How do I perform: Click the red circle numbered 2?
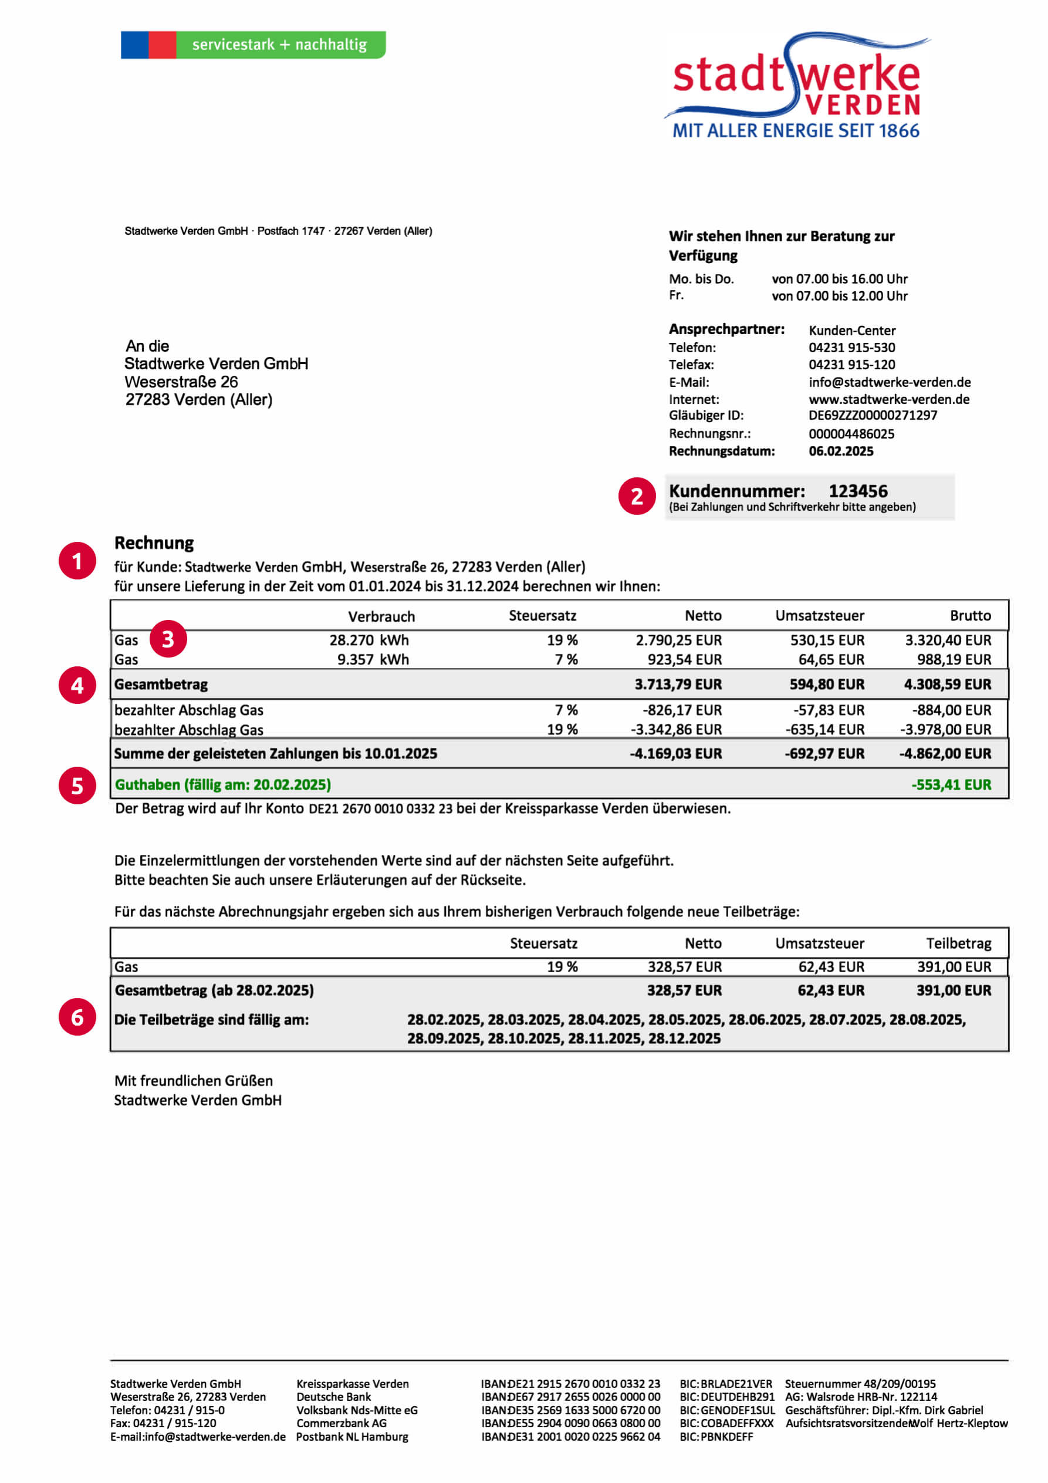637,496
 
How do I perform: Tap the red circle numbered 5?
77,786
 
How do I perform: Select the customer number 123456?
857,491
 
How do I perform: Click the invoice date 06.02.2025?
841,451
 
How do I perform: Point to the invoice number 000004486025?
851,433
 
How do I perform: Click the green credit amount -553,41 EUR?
951,785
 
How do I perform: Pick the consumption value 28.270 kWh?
369,640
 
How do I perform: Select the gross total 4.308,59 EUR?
946,684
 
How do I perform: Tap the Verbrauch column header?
381,616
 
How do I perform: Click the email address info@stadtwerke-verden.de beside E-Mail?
889,382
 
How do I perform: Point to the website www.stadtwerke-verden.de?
888,399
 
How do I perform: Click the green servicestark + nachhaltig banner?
279,45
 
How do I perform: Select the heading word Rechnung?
154,542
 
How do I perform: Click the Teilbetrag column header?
958,943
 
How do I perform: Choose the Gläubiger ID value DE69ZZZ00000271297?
873,415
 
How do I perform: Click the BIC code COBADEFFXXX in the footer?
737,1423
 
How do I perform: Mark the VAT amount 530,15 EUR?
827,640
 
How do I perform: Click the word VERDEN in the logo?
863,105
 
